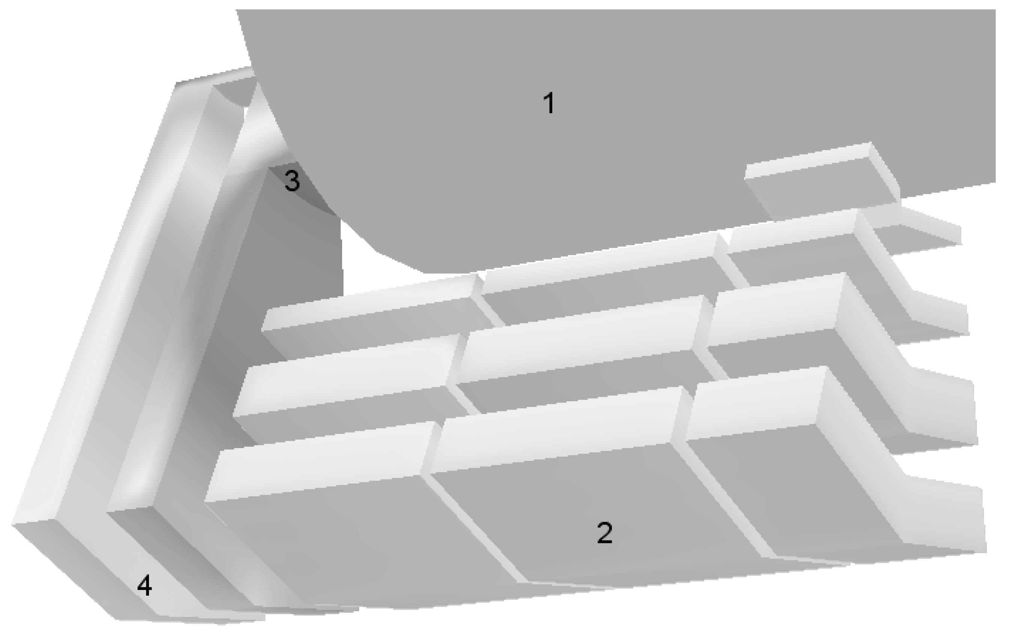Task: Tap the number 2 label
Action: coord(604,533)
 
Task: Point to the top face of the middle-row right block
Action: coord(776,310)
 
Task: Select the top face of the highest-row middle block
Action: coord(600,262)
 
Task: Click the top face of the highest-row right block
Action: coord(793,231)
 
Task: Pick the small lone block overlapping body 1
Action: coord(822,180)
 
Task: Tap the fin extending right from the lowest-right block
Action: coord(944,516)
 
